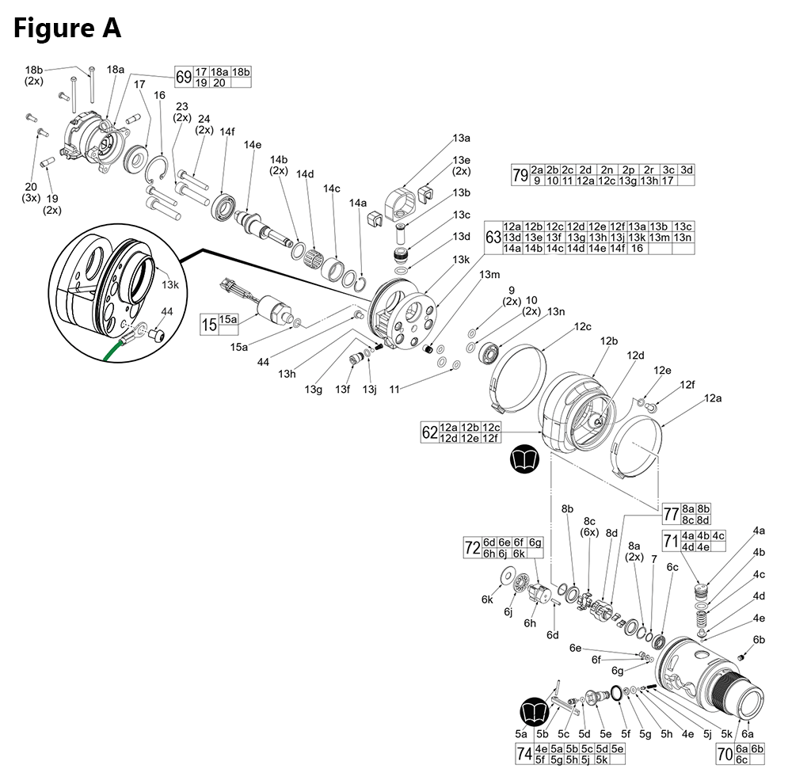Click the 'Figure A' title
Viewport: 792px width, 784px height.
67,28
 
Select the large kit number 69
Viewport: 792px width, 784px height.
184,78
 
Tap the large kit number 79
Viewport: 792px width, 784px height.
520,175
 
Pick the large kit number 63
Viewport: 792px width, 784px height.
493,237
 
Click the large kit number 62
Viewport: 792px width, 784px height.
429,433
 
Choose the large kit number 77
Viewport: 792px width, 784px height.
671,514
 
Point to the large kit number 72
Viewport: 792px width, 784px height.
472,547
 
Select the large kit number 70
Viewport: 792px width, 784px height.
725,754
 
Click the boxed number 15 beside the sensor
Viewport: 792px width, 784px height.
209,325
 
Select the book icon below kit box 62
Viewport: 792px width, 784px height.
528,460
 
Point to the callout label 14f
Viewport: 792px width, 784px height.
227,131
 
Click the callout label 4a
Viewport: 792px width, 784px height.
759,530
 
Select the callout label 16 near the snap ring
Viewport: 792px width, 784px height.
159,95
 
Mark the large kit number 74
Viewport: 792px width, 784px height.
524,754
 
